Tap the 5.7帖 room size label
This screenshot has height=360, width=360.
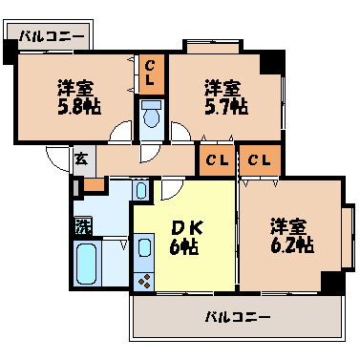(224, 107)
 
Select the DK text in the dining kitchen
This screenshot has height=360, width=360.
(184, 228)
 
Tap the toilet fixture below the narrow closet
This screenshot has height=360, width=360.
(151, 117)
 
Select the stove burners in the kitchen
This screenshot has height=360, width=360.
(146, 281)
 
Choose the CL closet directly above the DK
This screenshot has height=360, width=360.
(216, 159)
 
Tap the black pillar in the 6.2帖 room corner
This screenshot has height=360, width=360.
(331, 283)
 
